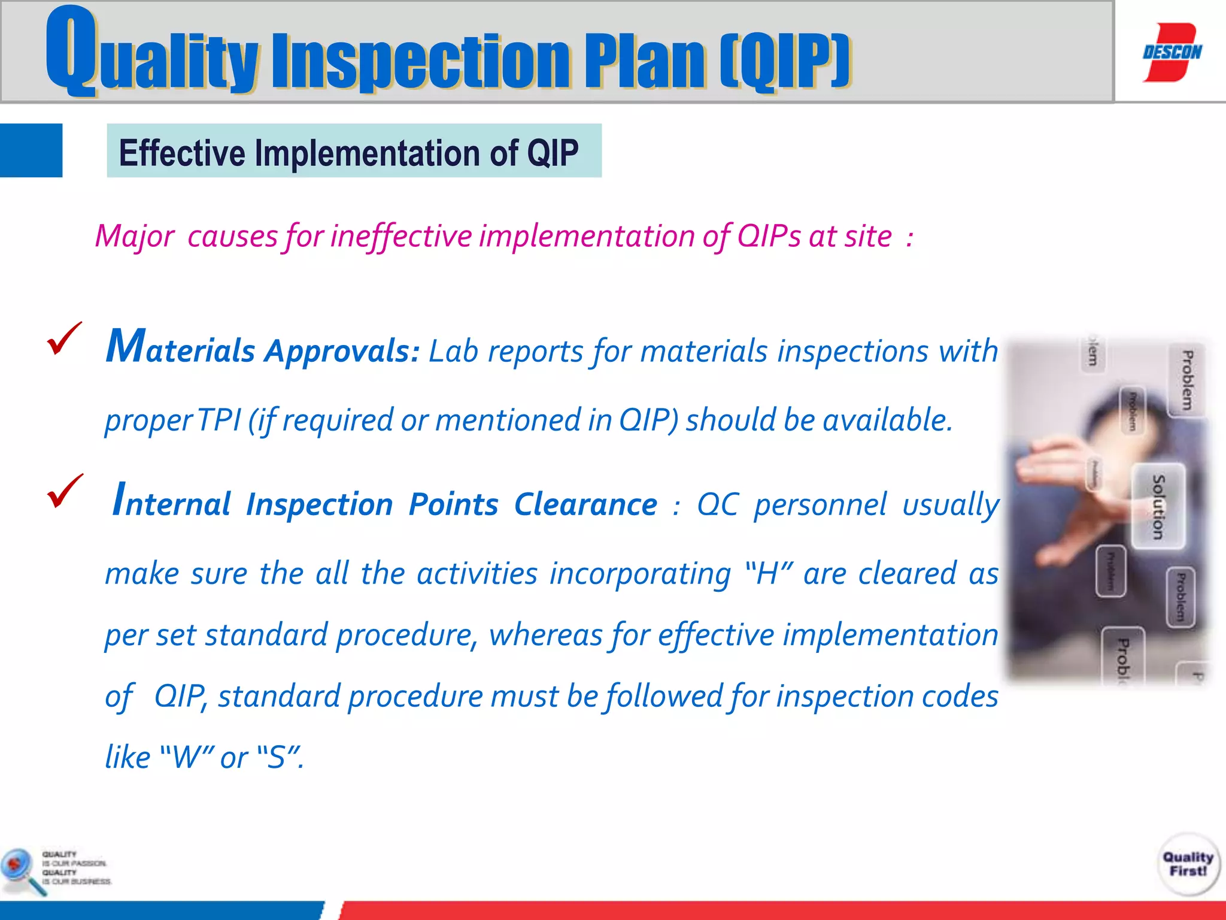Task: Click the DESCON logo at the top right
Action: point(1172,52)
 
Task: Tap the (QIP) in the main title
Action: point(785,60)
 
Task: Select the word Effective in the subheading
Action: point(181,153)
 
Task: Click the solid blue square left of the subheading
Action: point(31,150)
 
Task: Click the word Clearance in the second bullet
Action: point(585,504)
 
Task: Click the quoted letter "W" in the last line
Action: point(187,757)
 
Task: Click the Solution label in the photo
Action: point(1158,506)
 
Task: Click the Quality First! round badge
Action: point(1188,864)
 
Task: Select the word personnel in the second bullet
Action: point(820,504)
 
